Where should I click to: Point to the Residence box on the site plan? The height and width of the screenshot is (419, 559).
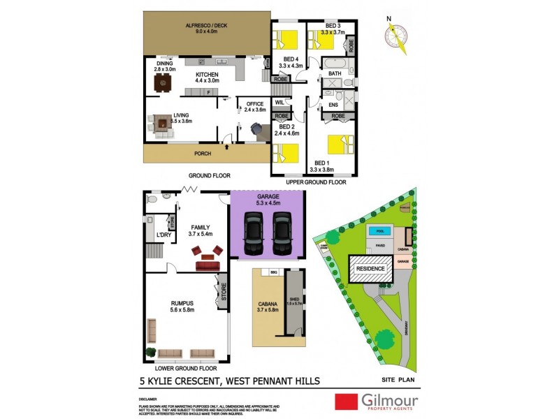[x=371, y=267]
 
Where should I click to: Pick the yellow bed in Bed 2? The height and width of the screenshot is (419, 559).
[x=287, y=152]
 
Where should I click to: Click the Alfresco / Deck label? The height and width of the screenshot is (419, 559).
[x=206, y=28]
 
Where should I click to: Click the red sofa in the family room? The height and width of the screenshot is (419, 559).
[x=208, y=265]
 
